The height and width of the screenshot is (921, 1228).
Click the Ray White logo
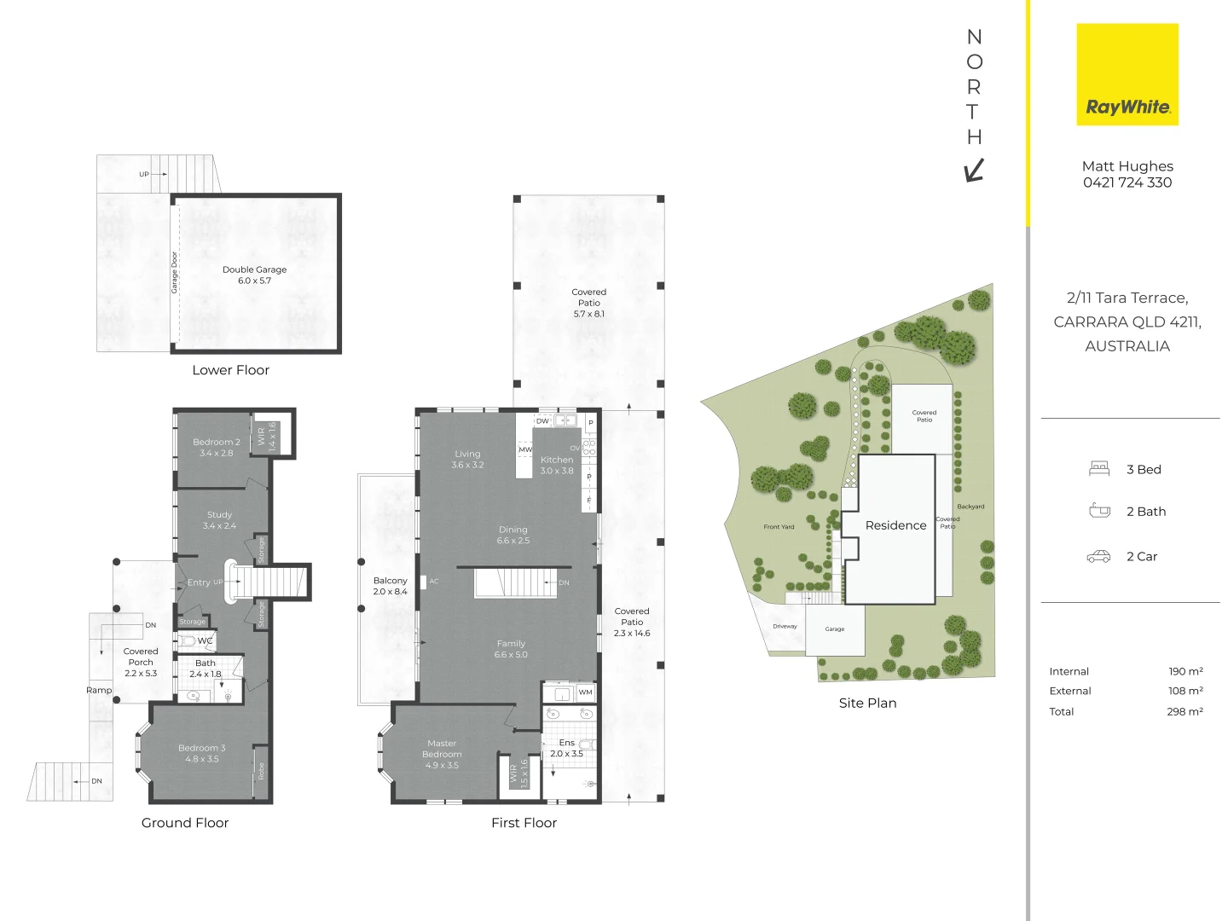click(x=1127, y=74)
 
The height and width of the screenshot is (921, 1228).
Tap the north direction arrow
click(x=974, y=171)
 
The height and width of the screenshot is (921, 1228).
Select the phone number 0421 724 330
click(x=1127, y=182)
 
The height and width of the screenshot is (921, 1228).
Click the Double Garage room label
click(x=254, y=275)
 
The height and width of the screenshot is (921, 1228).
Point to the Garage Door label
click(x=174, y=272)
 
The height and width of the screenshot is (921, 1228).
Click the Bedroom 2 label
click(x=217, y=447)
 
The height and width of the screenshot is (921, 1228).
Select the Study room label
click(x=219, y=519)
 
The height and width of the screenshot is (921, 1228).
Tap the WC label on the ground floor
click(x=205, y=640)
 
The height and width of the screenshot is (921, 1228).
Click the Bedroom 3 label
click(x=202, y=753)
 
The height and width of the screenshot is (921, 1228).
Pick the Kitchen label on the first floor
click(x=557, y=465)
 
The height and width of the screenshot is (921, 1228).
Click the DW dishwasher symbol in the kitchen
click(x=542, y=421)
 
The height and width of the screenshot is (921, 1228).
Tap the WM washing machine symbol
click(x=585, y=692)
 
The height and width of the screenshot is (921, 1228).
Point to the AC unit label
click(x=434, y=582)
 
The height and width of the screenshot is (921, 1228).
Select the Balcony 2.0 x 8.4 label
click(x=390, y=586)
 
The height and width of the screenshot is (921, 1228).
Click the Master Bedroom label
click(x=442, y=754)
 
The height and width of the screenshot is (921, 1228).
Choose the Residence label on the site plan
click(x=895, y=525)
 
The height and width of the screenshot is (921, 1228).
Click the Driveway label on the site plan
click(x=785, y=626)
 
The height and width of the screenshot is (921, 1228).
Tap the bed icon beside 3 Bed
click(x=1099, y=469)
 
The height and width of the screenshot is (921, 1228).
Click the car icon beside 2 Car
click(x=1098, y=556)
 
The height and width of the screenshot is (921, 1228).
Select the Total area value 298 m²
click(x=1185, y=711)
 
